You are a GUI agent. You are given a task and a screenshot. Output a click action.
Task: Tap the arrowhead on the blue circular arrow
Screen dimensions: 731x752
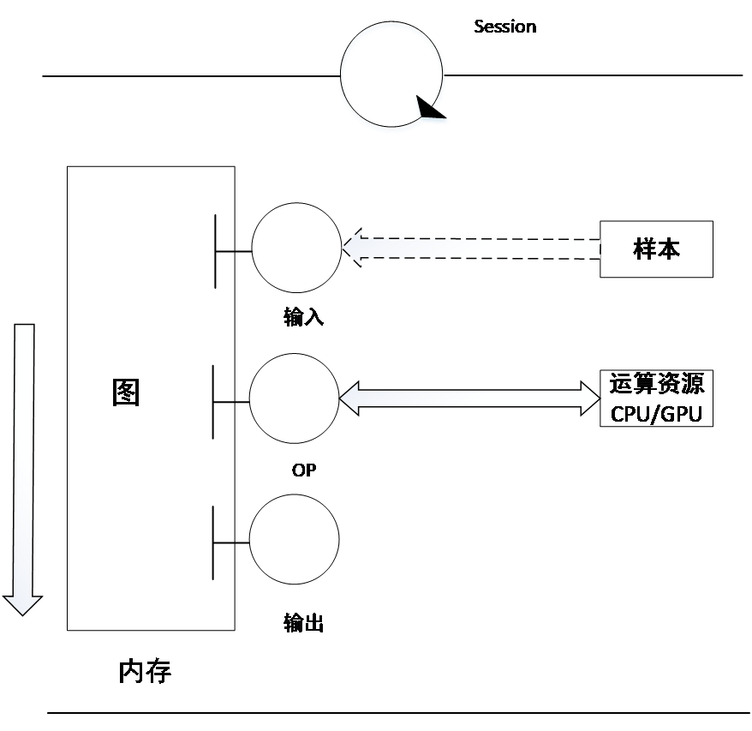[431, 112]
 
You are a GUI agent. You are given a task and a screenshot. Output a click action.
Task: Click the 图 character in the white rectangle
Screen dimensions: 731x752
[126, 392]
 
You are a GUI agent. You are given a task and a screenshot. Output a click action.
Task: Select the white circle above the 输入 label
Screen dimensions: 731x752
[297, 248]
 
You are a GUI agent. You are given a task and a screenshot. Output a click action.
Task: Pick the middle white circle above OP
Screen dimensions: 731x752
[294, 398]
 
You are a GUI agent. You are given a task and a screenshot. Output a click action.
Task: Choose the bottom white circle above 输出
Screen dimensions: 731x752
[294, 540]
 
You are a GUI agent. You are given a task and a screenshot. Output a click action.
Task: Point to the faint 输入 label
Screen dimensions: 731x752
[302, 318]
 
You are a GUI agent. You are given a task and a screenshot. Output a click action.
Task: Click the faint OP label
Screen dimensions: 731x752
[302, 470]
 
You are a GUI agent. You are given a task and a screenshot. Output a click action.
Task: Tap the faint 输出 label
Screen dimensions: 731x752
[302, 623]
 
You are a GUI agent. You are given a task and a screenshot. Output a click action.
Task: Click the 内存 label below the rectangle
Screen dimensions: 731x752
[146, 673]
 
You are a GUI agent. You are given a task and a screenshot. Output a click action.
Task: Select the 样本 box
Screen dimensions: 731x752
[656, 249]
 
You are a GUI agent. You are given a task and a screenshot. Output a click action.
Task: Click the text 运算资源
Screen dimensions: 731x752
[656, 383]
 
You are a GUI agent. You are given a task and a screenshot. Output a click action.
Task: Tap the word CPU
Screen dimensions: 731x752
[629, 414]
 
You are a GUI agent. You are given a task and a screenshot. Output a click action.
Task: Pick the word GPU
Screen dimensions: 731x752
[682, 414]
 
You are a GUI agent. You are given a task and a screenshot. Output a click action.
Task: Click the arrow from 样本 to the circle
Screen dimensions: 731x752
[471, 249]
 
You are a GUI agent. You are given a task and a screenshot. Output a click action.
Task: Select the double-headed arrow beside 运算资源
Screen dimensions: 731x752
[469, 398]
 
